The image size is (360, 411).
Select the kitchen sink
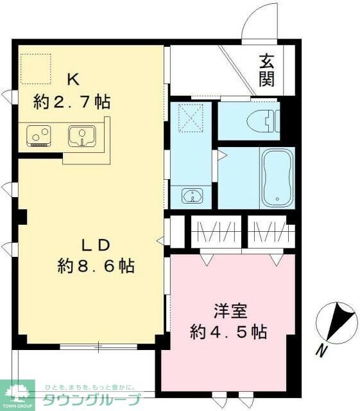[82, 135]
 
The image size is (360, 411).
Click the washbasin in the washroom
[191, 195]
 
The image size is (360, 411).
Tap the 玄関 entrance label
[267, 71]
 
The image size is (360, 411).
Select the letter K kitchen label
[73, 79]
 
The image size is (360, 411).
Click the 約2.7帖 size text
[72, 101]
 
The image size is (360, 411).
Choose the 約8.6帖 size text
[96, 266]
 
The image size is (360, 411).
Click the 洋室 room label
[228, 310]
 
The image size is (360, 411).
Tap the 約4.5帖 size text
[228, 332]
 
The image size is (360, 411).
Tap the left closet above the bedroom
[216, 232]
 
